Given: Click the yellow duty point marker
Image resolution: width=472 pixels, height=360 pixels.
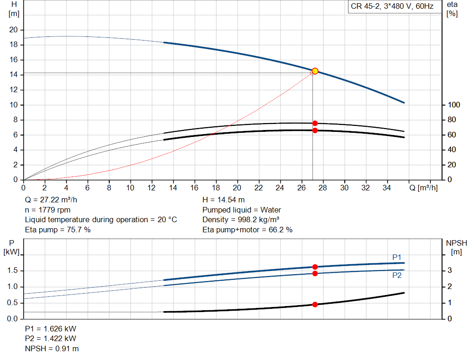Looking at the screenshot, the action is (315, 71).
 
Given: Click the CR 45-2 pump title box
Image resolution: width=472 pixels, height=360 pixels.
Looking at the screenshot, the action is (395, 6).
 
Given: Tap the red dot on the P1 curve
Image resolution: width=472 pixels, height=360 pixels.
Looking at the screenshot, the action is (315, 267).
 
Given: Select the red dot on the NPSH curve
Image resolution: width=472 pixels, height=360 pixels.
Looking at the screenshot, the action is (315, 305).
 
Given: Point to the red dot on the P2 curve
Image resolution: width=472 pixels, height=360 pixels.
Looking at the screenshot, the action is (315, 273).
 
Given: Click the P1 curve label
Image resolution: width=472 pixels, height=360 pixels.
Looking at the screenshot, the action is (397, 257).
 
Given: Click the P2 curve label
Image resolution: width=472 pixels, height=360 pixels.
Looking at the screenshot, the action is (397, 276).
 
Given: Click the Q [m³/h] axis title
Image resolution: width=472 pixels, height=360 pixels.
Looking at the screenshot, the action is (424, 188).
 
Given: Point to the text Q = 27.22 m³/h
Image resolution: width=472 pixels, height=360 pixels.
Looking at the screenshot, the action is (51, 200).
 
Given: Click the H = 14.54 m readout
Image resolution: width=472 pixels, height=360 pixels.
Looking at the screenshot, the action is (224, 200).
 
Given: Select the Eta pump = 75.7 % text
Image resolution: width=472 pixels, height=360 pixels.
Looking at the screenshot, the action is (58, 230).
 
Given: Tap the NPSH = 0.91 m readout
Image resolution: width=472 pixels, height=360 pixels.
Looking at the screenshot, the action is (52, 348).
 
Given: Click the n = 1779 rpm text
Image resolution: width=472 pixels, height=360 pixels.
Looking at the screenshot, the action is (47, 210).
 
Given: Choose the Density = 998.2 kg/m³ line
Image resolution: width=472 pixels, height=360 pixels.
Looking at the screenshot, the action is (241, 220).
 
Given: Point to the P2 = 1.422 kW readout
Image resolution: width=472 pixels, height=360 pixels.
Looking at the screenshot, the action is (51, 339).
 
